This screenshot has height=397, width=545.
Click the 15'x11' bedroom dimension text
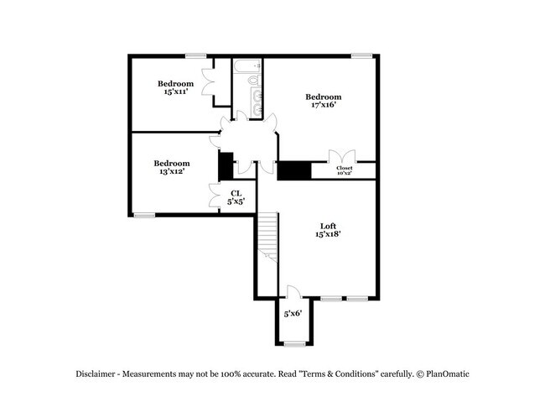pyautogui.click(x=175, y=92)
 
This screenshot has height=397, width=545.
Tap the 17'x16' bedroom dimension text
pyautogui.click(x=323, y=106)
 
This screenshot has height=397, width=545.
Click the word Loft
pyautogui.click(x=329, y=225)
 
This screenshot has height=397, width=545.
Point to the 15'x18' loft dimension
pyautogui.click(x=329, y=234)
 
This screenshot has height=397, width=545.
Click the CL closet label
pyautogui.click(x=236, y=193)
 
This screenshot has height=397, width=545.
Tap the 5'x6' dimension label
pyautogui.click(x=293, y=314)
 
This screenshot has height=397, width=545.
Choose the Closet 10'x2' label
pyautogui.click(x=344, y=170)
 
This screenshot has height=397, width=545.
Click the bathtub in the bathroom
pyautogui.click(x=248, y=64)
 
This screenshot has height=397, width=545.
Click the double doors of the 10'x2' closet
pyautogui.click(x=342, y=156)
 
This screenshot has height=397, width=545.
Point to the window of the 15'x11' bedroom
pyautogui.click(x=196, y=56)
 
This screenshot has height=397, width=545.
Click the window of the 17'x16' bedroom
pyautogui.click(x=362, y=56)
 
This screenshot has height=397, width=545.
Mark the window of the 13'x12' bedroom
pyautogui.click(x=145, y=215)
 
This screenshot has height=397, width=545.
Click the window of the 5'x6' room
pyautogui.click(x=295, y=344)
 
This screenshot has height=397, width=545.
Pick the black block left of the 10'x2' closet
pyautogui.click(x=294, y=170)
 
